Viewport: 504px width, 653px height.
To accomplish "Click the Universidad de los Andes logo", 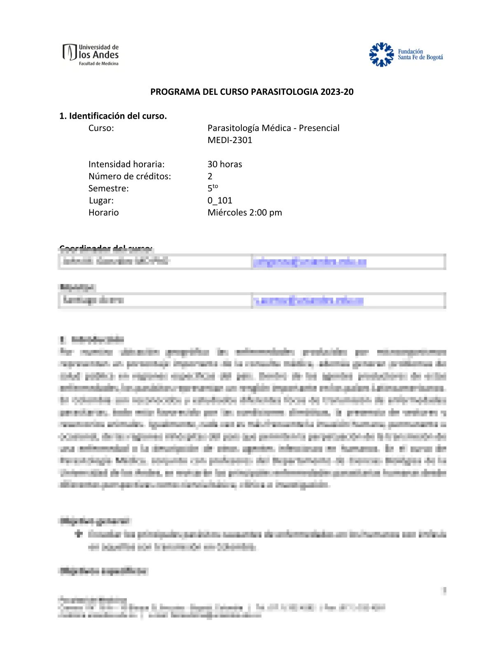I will point(91,54).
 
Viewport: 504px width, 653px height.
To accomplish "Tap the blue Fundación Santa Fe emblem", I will point(381,54).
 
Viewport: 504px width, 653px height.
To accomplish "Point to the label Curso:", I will point(101,128).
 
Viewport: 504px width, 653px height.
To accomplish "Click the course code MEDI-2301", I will point(230,140).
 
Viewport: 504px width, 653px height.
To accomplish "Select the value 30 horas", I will point(225,164).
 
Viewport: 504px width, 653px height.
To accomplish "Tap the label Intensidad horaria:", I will point(126,164).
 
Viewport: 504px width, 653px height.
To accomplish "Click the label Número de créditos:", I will point(130,176).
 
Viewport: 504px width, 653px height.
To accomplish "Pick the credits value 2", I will point(210,176).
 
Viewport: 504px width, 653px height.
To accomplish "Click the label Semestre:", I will point(109,188).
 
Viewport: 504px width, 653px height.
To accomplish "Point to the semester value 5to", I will point(212,188).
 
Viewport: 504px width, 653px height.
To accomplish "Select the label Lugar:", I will point(101,201).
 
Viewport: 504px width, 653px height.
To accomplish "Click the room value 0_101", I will point(220,201).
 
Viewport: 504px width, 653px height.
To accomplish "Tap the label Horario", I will point(104,213).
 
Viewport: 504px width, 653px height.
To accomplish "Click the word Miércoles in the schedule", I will point(227,213).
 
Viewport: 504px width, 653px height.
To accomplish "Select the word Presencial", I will point(319,128).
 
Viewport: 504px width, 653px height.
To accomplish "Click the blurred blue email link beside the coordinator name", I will point(310,262).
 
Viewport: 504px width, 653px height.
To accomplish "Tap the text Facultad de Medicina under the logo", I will point(99,64).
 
